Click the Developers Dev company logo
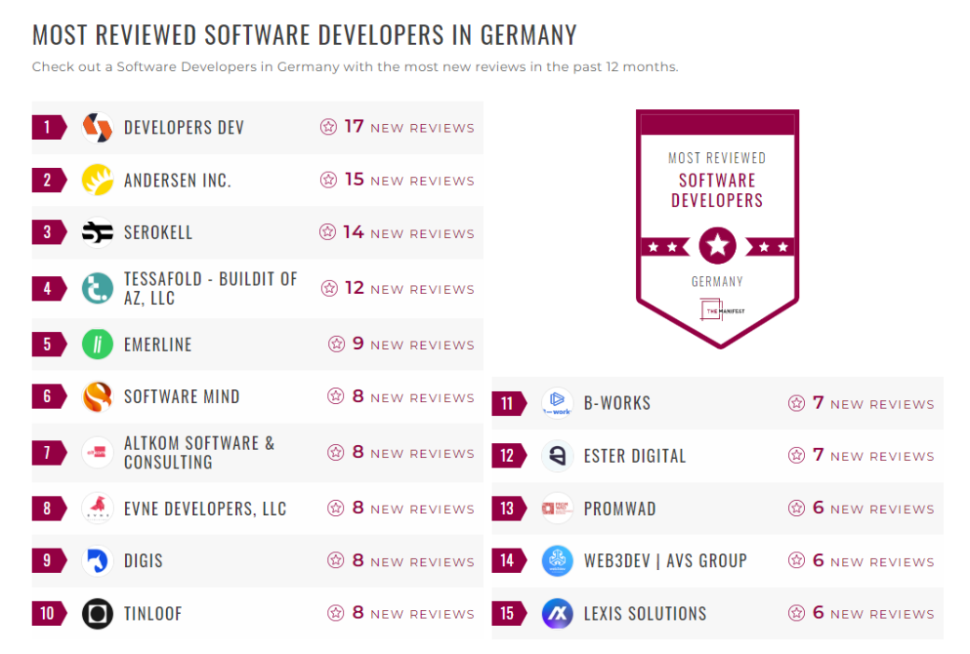[97, 128]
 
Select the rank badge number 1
[48, 128]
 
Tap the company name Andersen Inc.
[177, 181]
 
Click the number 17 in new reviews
[353, 127]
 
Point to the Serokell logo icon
[97, 233]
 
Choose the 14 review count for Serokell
[353, 232]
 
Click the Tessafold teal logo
[97, 289]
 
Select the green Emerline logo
[97, 344]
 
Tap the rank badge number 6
[48, 397]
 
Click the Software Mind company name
[182, 397]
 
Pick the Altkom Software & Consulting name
[200, 452]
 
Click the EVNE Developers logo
[97, 508]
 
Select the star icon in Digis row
[336, 561]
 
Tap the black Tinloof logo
[97, 614]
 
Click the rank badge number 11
[507, 404]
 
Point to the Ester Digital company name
[634, 456]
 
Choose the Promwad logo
[557, 508]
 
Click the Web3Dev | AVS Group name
[665, 561]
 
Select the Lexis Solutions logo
[557, 614]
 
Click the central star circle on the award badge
[717, 246]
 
